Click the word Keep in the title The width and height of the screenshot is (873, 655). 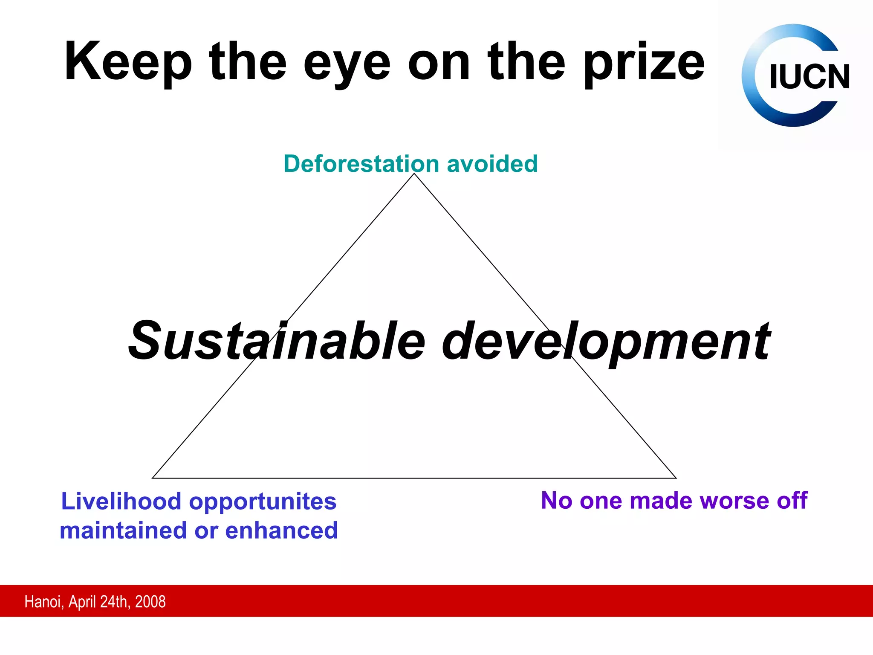[x=128, y=62]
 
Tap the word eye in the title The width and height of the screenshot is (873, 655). [x=347, y=64]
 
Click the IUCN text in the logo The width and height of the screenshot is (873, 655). [x=809, y=77]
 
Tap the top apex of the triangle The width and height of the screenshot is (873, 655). [x=414, y=174]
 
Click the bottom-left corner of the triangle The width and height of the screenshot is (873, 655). [x=153, y=478]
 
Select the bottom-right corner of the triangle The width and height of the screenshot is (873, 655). [x=676, y=478]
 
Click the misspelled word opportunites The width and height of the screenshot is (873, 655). [x=263, y=502]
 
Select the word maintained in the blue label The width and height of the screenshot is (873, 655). [x=123, y=530]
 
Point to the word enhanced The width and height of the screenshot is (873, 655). [x=281, y=530]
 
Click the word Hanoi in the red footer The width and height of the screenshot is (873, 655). [x=44, y=602]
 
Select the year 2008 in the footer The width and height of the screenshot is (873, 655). [x=150, y=602]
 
